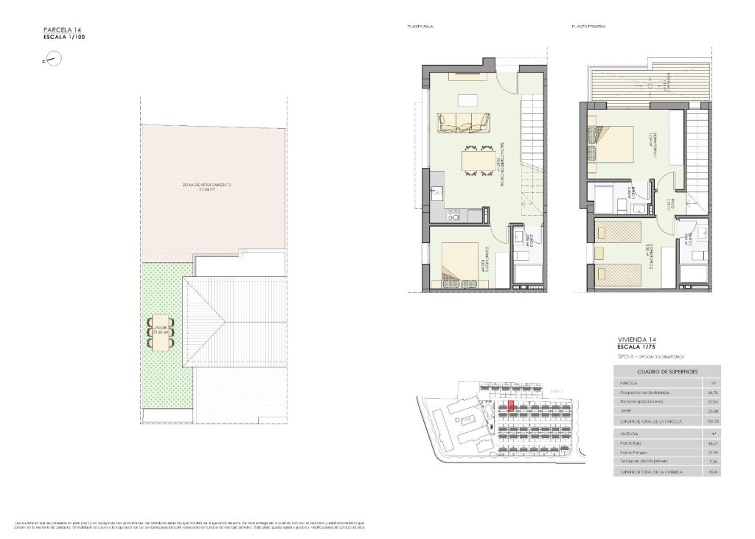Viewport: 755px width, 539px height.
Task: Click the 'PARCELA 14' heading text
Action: coord(62,29)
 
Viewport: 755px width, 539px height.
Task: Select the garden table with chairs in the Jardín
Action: coord(159,328)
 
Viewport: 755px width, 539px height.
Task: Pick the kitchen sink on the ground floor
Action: coord(436,195)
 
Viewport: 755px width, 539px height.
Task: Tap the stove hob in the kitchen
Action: coord(454,215)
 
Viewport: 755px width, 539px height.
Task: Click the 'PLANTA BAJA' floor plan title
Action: coord(420,27)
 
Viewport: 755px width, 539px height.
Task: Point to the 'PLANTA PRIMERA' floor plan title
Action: coord(588,27)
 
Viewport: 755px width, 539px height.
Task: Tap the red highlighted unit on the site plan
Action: coord(511,406)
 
